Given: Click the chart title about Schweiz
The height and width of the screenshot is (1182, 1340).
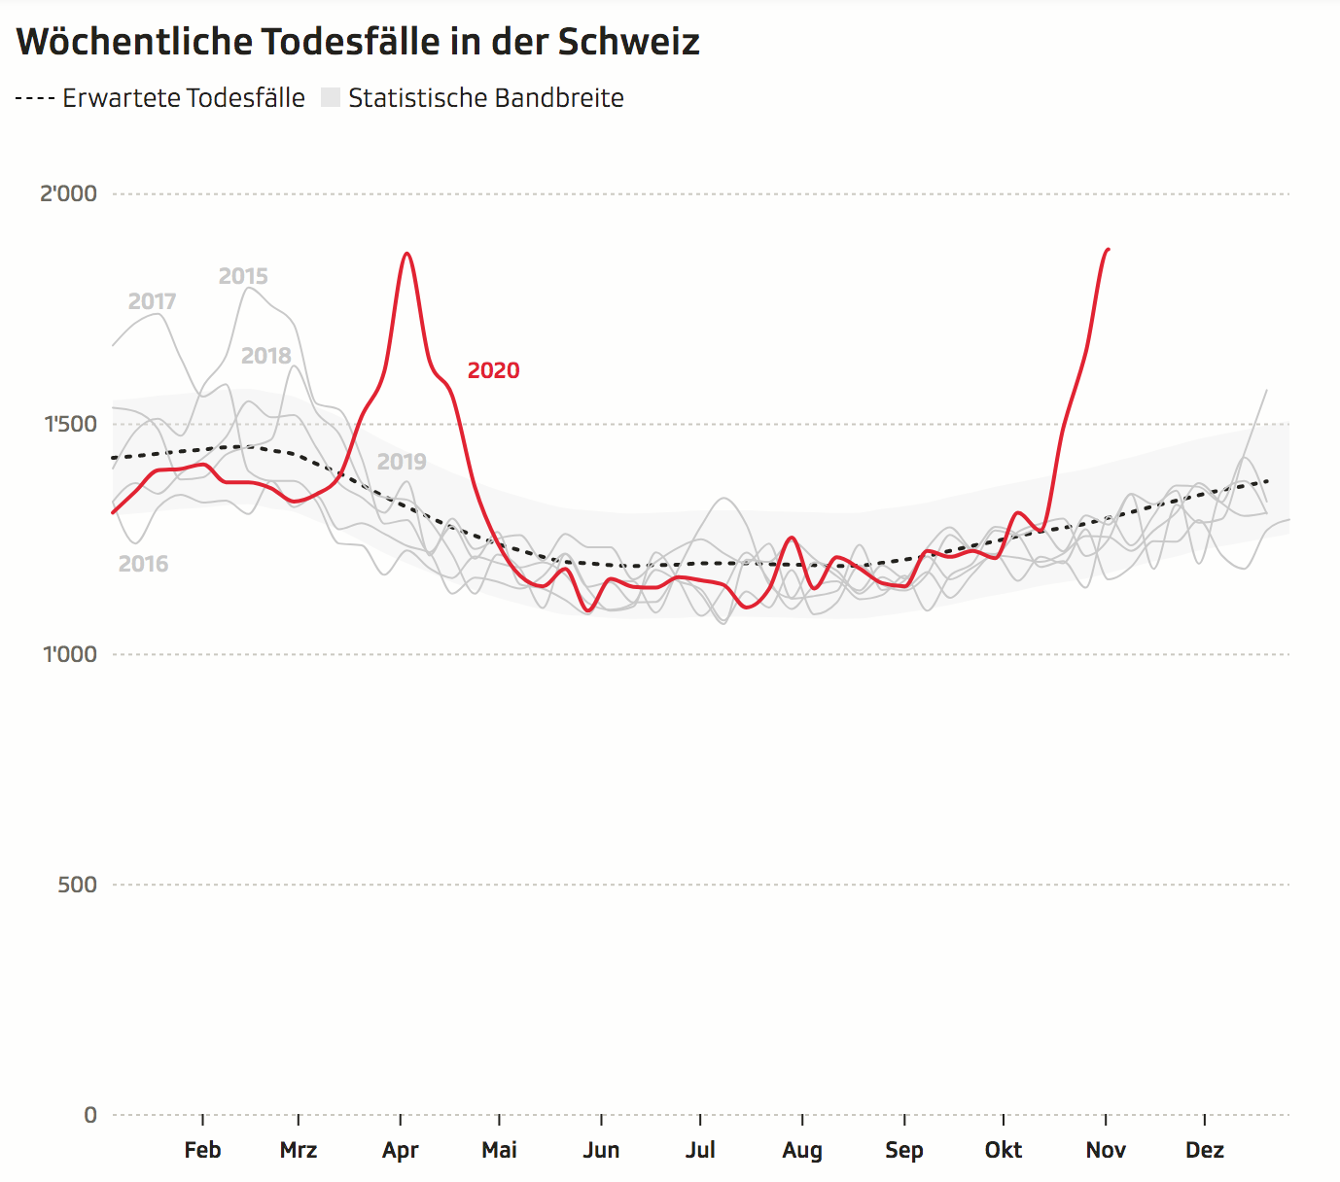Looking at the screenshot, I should [358, 42].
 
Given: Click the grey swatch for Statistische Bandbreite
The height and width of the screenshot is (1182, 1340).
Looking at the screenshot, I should [331, 98].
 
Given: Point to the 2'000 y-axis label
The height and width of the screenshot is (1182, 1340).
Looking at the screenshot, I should [68, 193].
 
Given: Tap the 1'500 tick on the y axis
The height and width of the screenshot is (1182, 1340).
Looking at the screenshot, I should [71, 424].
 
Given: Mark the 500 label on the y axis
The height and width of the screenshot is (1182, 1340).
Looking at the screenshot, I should [77, 885].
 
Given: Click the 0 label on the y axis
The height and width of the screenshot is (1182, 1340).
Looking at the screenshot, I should [90, 1115].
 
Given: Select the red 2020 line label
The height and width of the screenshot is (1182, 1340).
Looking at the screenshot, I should [493, 370].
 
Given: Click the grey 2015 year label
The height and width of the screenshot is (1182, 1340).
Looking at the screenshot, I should [243, 276].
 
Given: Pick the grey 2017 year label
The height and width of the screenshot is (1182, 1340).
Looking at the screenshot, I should [153, 301].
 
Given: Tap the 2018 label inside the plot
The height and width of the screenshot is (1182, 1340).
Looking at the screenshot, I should [266, 356].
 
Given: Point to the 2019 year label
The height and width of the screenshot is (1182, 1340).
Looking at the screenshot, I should [402, 462].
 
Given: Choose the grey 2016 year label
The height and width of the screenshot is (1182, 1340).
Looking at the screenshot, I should [143, 564].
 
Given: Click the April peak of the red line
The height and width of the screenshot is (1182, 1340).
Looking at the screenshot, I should [406, 254].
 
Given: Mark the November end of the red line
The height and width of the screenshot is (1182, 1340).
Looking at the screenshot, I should [1108, 250].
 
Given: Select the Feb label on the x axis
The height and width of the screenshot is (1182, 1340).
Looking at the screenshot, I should [202, 1150].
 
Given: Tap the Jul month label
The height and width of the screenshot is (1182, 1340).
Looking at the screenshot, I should [700, 1150].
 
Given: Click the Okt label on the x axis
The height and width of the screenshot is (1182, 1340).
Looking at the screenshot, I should [1004, 1150].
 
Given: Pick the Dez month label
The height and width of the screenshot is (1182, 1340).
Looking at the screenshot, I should [1204, 1150].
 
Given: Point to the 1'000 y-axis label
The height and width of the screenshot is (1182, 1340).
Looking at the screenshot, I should [70, 654].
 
